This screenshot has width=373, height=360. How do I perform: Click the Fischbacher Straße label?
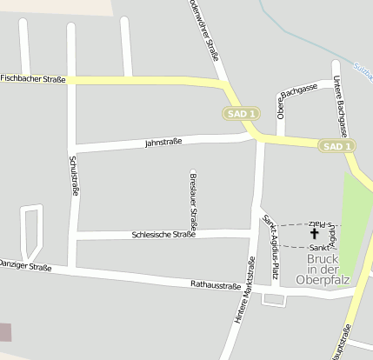pos(33,78)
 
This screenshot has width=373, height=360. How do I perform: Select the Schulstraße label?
pos(73,175)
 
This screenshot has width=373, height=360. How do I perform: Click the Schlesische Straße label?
pos(163,234)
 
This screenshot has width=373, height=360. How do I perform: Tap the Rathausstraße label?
pos(215,285)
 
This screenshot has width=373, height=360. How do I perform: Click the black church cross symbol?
pos(314,233)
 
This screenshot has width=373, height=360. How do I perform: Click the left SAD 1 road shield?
pos(241,113)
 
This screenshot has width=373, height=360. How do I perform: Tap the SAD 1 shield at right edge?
pos(336,146)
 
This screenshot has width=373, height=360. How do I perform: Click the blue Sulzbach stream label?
pos(363,68)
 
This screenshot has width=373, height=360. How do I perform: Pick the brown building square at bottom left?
pos(5,331)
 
